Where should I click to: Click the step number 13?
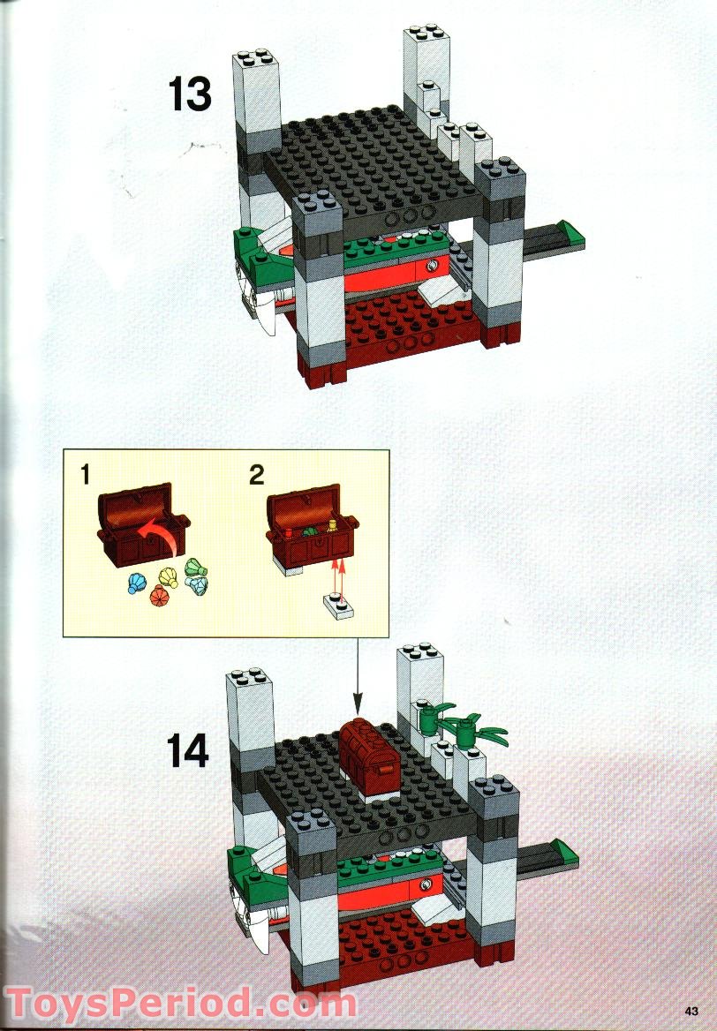coord(190,95)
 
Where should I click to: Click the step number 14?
coord(187,751)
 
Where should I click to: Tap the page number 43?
coord(691,1012)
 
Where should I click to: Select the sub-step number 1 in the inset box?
coord(86,476)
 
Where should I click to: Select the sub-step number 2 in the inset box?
coord(256,476)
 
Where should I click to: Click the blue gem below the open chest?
coord(137,583)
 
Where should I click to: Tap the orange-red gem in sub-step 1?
coord(158,598)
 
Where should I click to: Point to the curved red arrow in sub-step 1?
coord(150,533)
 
